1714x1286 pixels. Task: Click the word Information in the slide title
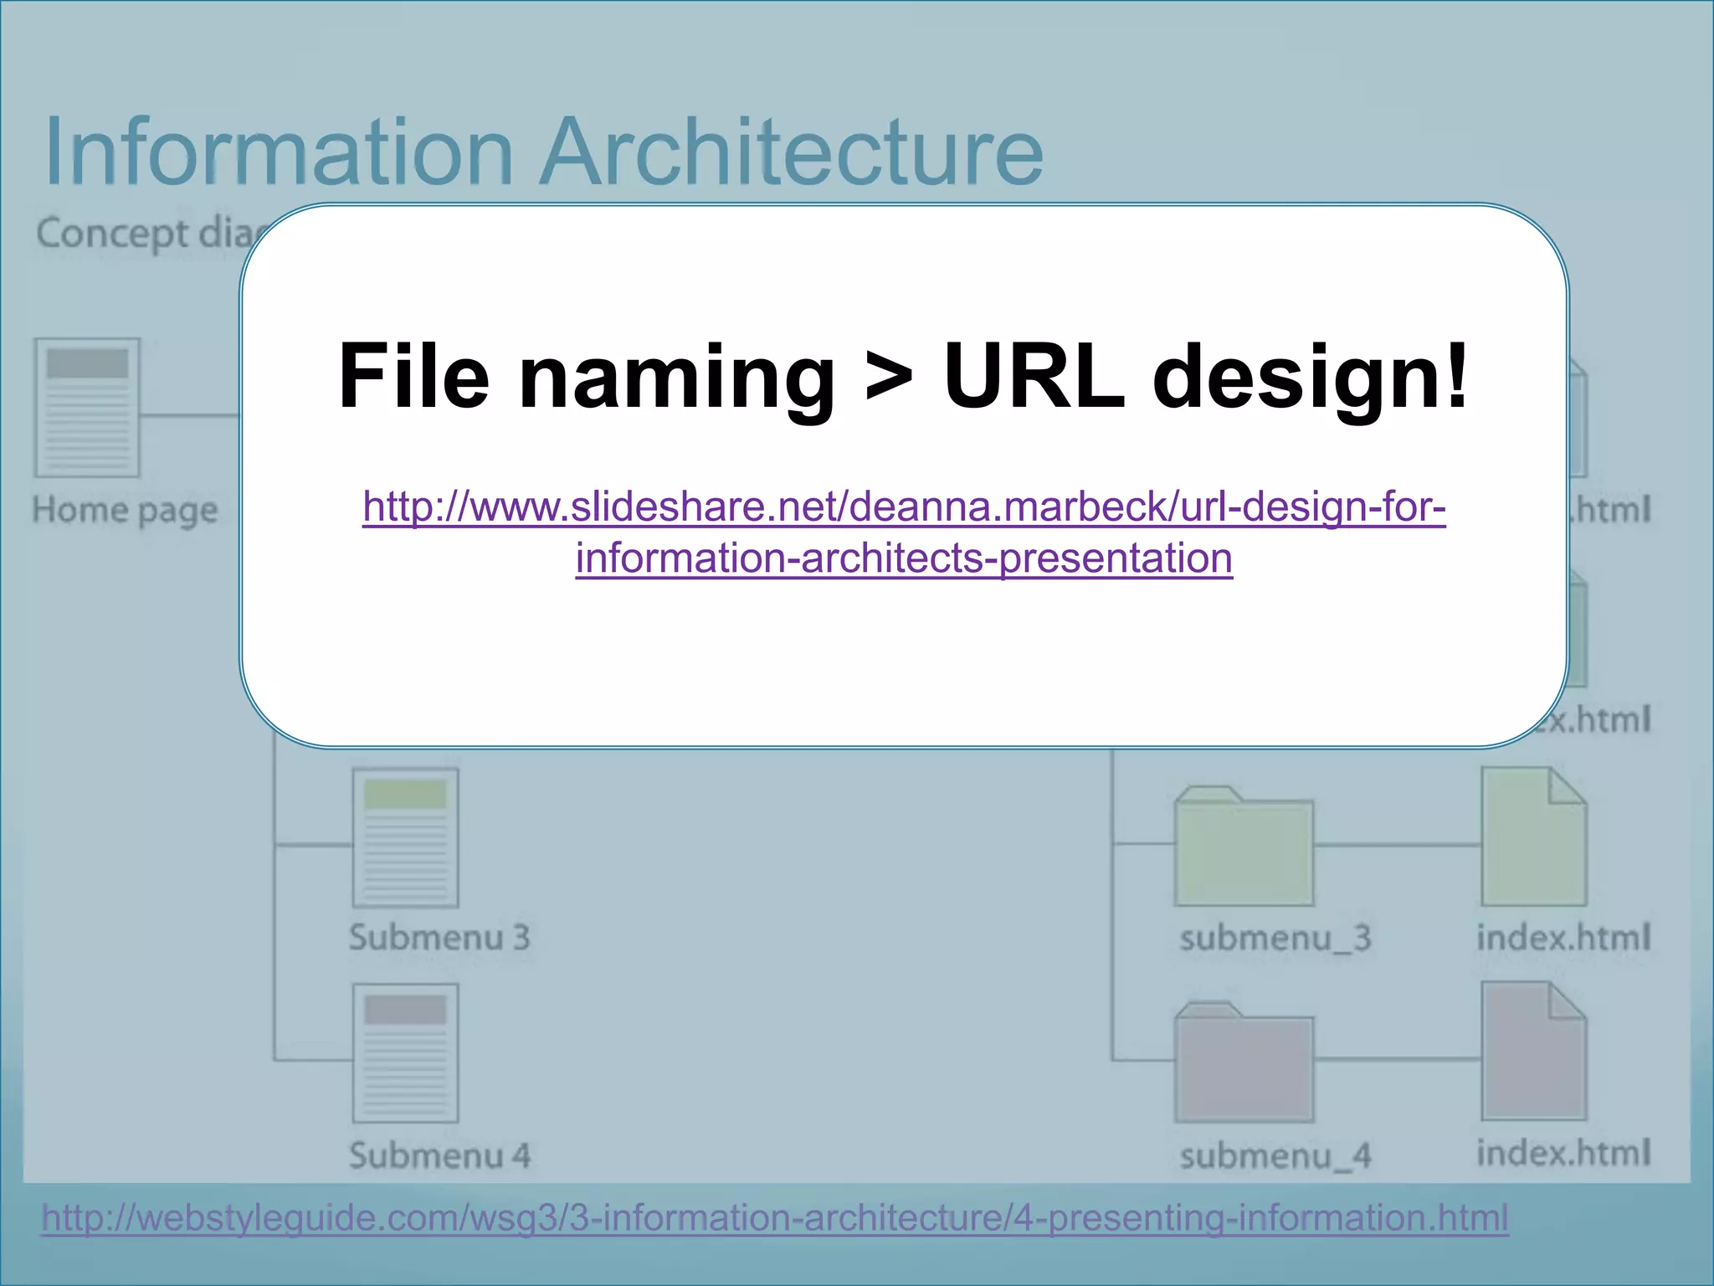pyautogui.click(x=279, y=152)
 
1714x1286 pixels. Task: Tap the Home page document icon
pyautogui.click(x=87, y=407)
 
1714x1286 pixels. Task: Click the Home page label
pyautogui.click(x=126, y=510)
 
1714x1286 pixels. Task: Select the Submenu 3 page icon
pyautogui.click(x=405, y=837)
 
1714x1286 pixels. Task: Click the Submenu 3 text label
pyautogui.click(x=439, y=938)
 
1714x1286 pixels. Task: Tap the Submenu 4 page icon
pyautogui.click(x=405, y=1052)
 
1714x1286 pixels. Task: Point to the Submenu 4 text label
pyautogui.click(x=439, y=1156)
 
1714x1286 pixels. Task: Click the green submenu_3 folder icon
pyautogui.click(x=1244, y=847)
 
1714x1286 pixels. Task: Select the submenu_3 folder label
pyautogui.click(x=1275, y=939)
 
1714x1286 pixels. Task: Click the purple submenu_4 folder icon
pyautogui.click(x=1244, y=1063)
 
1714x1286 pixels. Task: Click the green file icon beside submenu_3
pyautogui.click(x=1533, y=837)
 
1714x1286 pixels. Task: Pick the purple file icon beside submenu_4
pyautogui.click(x=1533, y=1052)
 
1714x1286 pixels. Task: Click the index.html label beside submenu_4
pyautogui.click(x=1563, y=1153)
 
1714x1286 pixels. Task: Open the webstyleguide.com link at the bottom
pyautogui.click(x=775, y=1217)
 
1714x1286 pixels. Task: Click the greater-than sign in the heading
pyautogui.click(x=889, y=378)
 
